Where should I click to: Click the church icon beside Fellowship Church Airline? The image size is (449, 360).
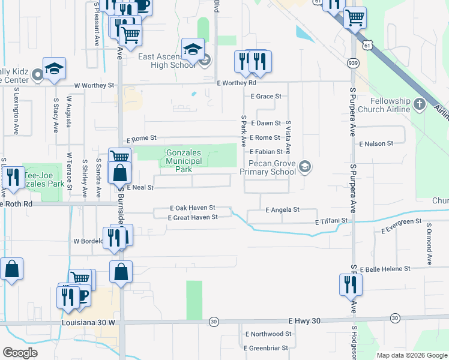click(x=420, y=105)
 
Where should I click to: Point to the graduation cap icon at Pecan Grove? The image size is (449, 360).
click(x=306, y=166)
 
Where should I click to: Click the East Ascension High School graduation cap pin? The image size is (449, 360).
click(x=193, y=50)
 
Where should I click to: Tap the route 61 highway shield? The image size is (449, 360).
click(x=368, y=44)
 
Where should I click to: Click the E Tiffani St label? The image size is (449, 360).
click(x=331, y=221)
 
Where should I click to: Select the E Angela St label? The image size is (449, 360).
click(x=282, y=210)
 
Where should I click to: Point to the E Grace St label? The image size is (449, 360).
click(x=266, y=96)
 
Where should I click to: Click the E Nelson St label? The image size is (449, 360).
click(x=376, y=144)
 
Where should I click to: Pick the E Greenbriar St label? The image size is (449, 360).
click(x=268, y=347)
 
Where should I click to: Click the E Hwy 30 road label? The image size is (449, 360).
click(x=304, y=321)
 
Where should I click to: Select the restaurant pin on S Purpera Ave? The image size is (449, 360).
click(x=351, y=284)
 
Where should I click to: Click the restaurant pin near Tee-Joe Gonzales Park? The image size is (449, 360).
click(x=11, y=178)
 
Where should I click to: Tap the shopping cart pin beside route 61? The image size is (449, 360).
click(x=355, y=19)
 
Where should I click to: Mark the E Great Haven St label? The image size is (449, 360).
click(x=193, y=218)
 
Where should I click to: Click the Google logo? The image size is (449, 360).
click(x=20, y=353)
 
